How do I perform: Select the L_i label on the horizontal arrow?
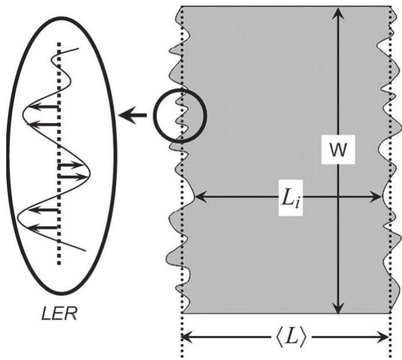coord(292,202)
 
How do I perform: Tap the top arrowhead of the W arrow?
coord(338,11)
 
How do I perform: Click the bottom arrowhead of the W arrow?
coord(338,309)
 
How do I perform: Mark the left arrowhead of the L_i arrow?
coord(198,197)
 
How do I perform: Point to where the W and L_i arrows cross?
coord(338,197)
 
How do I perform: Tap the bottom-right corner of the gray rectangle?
coord(390,313)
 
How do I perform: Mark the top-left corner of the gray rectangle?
coord(182,7)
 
